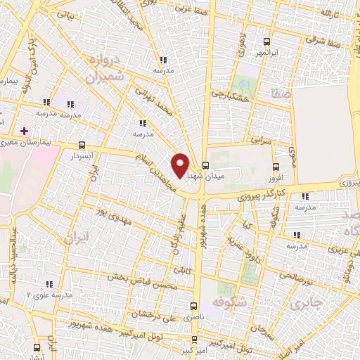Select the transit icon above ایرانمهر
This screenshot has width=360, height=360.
tap(266, 42)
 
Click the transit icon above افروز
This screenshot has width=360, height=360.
tap(276, 167)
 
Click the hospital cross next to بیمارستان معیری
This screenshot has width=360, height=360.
tap(25, 131)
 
